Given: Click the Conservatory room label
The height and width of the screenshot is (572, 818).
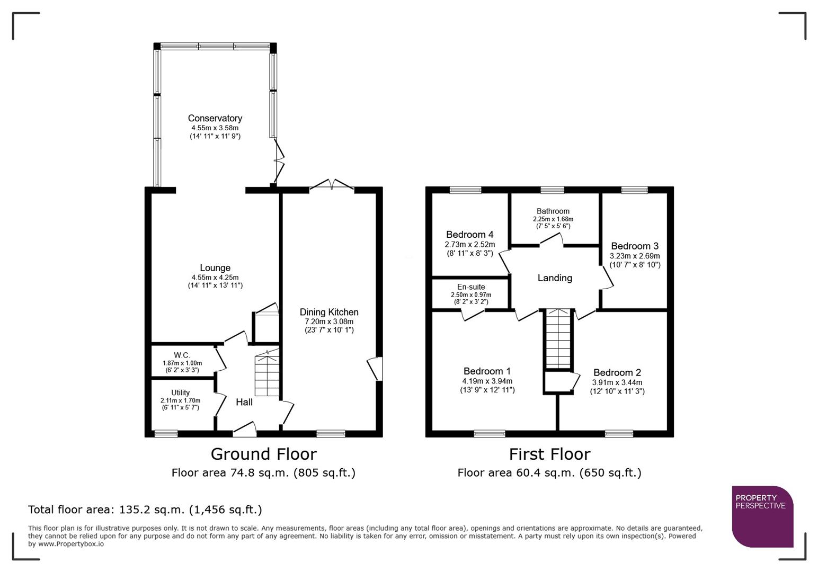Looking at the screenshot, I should (215, 118).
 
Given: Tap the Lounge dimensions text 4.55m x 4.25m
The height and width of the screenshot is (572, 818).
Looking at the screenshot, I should (215, 277).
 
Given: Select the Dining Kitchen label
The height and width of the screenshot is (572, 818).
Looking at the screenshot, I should (329, 312).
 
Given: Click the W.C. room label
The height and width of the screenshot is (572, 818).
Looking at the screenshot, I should (182, 355).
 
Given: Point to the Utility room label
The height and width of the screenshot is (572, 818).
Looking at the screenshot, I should (180, 392).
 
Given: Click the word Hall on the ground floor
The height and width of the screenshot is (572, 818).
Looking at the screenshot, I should (244, 402).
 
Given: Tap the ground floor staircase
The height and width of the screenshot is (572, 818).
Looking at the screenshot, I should (266, 376).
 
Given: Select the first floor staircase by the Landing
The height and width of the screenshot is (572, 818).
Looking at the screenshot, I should (558, 339).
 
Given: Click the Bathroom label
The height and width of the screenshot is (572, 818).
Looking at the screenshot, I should (553, 211).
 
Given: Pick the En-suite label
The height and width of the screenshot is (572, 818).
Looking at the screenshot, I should (470, 287).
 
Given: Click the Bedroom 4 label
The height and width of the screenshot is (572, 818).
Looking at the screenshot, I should (469, 234).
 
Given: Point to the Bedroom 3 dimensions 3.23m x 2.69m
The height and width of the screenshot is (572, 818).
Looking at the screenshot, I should (635, 255).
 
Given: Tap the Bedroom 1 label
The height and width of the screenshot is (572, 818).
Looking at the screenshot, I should (487, 371).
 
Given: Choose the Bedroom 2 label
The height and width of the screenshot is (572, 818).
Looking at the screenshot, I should (617, 372).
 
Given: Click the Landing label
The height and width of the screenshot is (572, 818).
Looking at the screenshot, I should (555, 278).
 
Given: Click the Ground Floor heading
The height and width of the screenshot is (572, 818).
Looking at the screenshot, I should (263, 454).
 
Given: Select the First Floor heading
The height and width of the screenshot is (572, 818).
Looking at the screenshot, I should (549, 454).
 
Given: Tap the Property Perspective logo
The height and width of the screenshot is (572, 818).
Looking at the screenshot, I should (762, 516).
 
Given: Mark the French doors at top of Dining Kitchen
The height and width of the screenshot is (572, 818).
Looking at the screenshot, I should (332, 185).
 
